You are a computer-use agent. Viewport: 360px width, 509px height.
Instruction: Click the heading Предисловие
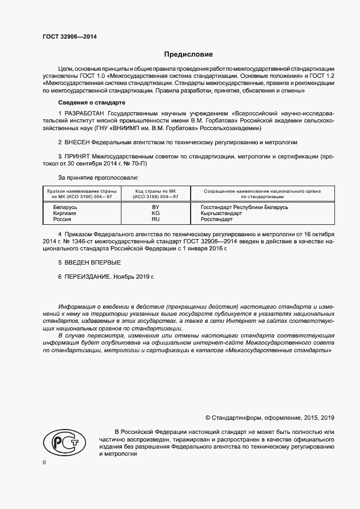point(189,54)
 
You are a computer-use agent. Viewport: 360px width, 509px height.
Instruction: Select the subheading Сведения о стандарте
point(91,102)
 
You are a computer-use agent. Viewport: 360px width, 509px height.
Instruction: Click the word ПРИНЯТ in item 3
point(77,156)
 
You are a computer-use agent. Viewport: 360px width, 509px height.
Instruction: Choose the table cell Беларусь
point(65,207)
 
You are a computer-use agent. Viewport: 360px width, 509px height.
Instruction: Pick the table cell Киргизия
point(64,213)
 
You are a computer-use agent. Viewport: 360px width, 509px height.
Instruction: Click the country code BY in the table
point(155,207)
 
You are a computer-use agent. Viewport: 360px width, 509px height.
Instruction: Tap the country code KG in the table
point(155,213)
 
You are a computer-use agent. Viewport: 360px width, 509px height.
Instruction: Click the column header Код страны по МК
point(155,191)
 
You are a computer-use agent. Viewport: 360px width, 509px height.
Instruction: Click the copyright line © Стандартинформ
point(269,418)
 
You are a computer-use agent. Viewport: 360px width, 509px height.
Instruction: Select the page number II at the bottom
point(45,462)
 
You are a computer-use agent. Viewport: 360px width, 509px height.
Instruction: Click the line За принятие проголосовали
point(98,177)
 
